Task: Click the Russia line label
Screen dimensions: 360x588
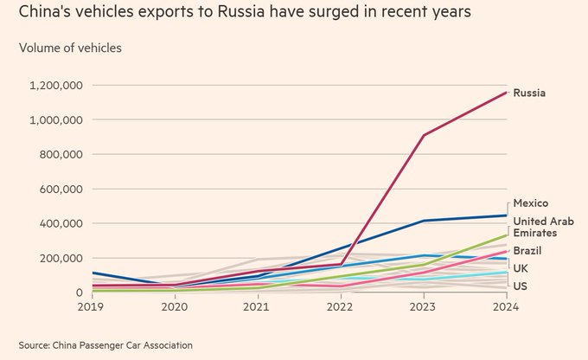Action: click(529, 93)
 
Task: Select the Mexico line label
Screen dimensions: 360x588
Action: click(531, 203)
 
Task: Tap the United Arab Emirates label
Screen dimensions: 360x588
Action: click(535, 228)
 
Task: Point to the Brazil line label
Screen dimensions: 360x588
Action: click(527, 251)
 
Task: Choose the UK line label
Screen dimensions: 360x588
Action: click(521, 269)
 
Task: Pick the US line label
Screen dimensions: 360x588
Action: click(520, 286)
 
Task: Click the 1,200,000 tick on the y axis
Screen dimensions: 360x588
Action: click(55, 86)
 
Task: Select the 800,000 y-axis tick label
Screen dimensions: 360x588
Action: click(61, 155)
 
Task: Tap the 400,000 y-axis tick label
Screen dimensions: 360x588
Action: click(61, 223)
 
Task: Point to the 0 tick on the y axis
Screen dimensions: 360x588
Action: click(79, 292)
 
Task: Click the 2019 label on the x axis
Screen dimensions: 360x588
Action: click(92, 306)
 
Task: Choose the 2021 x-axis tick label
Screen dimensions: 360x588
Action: click(257, 306)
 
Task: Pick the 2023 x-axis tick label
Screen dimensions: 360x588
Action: click(423, 306)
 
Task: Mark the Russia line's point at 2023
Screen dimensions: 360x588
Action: click(424, 135)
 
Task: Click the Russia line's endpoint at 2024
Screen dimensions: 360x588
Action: click(506, 93)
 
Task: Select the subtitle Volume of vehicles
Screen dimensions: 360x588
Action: click(70, 48)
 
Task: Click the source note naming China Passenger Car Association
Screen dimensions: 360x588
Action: click(105, 344)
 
